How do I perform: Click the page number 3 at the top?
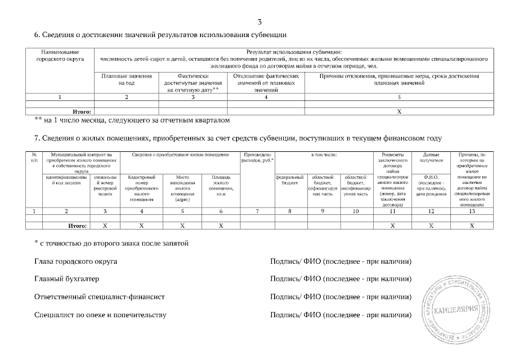pyautogui.click(x=259, y=22)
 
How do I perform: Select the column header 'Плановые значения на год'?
pyautogui.click(x=126, y=79)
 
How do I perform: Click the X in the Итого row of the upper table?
pyautogui.click(x=399, y=111)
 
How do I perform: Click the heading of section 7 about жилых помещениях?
pyautogui.click(x=238, y=138)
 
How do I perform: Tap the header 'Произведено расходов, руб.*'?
pyautogui.click(x=257, y=157)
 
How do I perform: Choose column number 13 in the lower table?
pyautogui.click(x=472, y=211)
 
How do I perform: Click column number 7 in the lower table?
pyautogui.click(x=257, y=211)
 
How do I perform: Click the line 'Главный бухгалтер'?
pyautogui.click(x=66, y=278)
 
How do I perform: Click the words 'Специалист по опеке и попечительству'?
pyautogui.click(x=100, y=314)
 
